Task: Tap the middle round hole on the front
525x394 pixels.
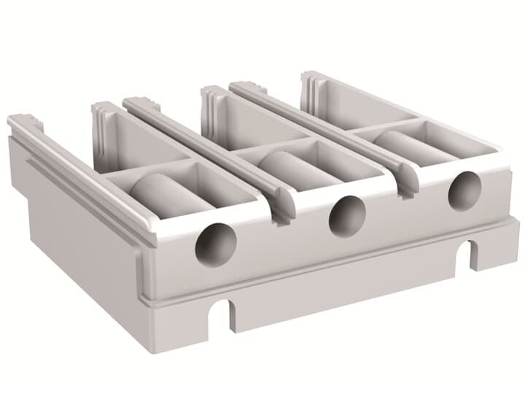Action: click(347, 216)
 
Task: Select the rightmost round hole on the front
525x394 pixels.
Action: click(464, 190)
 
